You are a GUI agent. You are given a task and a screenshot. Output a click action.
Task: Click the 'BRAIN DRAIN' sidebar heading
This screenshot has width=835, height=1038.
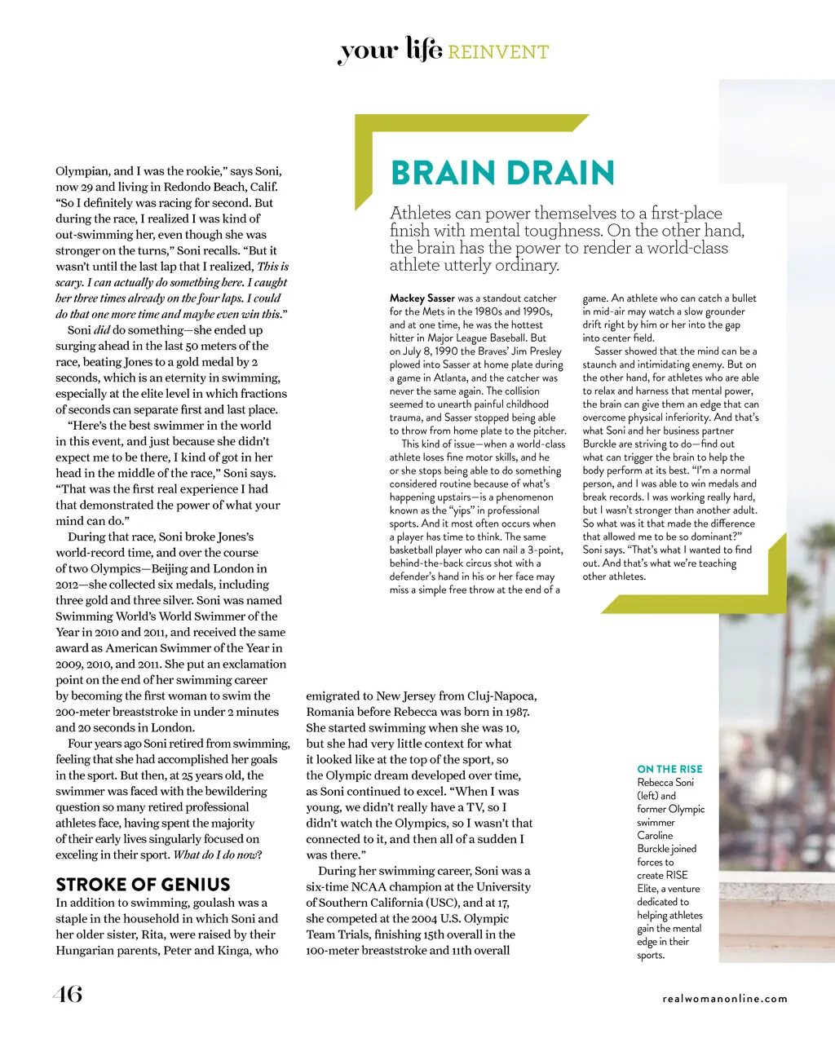(501, 173)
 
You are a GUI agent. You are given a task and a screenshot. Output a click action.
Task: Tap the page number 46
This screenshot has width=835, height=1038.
(68, 994)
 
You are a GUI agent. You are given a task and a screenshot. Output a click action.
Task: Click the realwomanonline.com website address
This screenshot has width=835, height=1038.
(725, 999)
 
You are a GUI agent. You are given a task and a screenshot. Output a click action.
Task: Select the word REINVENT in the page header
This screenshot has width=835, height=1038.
(498, 53)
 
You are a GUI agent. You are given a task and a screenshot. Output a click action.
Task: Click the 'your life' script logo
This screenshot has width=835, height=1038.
(390, 51)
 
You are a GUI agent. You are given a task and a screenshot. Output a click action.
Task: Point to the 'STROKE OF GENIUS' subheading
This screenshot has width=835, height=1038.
(143, 885)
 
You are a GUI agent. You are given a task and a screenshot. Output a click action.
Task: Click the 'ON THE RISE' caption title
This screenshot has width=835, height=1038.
(669, 769)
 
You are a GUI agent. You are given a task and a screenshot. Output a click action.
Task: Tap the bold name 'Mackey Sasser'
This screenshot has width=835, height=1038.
(422, 298)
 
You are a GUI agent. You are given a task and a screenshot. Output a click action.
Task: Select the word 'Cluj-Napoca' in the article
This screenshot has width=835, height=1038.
(502, 696)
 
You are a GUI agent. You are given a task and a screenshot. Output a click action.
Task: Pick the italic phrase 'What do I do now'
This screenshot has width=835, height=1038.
(215, 855)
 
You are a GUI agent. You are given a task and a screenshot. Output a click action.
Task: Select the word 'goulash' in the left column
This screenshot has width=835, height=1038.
(213, 903)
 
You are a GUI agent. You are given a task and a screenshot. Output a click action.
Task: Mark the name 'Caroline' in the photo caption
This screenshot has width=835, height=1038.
(655, 836)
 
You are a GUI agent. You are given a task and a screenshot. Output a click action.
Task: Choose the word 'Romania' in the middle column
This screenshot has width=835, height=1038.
(330, 712)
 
